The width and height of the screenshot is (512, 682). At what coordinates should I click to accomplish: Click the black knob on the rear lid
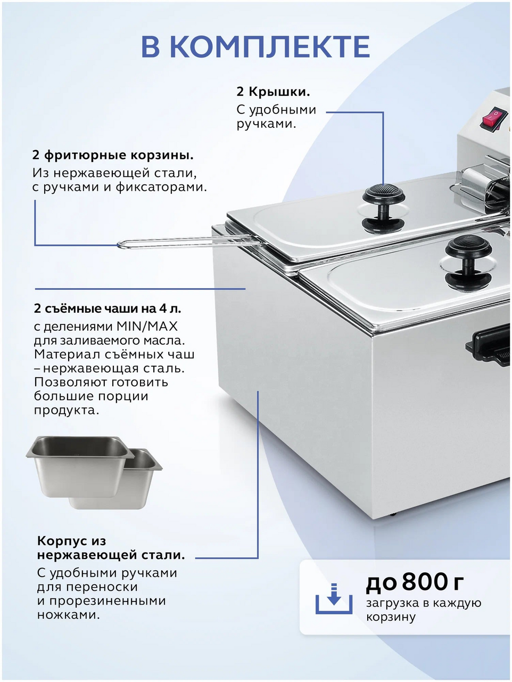tap(384, 207)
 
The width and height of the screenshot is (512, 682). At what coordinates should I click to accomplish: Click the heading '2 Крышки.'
tap(273, 92)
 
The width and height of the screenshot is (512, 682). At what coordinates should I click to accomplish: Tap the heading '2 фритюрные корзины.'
tap(113, 155)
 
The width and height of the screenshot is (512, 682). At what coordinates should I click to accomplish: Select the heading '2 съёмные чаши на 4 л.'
tap(108, 308)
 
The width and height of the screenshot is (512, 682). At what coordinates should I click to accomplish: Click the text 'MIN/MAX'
tap(147, 326)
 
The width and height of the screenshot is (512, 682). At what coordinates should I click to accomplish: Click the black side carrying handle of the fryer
tap(489, 348)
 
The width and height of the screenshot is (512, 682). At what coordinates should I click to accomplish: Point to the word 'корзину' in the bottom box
tap(391, 617)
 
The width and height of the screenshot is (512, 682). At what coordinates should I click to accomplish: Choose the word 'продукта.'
tap(67, 410)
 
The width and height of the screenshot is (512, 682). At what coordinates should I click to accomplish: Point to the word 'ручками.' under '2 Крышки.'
tap(266, 124)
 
